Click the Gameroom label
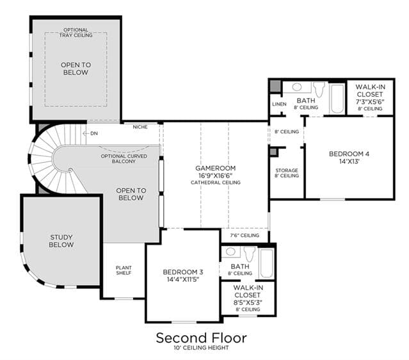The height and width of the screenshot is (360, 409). [216, 168]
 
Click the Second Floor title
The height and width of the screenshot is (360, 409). [202, 338]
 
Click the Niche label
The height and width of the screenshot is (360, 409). [140, 127]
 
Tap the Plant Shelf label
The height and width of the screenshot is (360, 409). [124, 270]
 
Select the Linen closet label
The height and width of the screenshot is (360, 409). [279, 104]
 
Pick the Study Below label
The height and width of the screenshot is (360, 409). [61, 241]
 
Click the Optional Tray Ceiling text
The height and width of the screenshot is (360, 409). [76, 33]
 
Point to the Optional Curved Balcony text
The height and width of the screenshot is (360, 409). [124, 159]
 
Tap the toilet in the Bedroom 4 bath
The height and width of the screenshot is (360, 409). [319, 89]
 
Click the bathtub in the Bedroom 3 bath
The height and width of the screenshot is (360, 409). [266, 263]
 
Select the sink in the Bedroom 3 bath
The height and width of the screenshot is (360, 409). [230, 251]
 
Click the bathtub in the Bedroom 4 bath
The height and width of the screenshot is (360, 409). [337, 99]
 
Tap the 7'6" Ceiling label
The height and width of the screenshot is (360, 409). [245, 235]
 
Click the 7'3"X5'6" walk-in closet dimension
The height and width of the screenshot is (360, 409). [370, 102]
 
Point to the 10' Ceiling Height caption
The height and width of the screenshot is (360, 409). [202, 348]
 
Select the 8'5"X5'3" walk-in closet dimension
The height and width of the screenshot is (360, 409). [248, 302]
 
